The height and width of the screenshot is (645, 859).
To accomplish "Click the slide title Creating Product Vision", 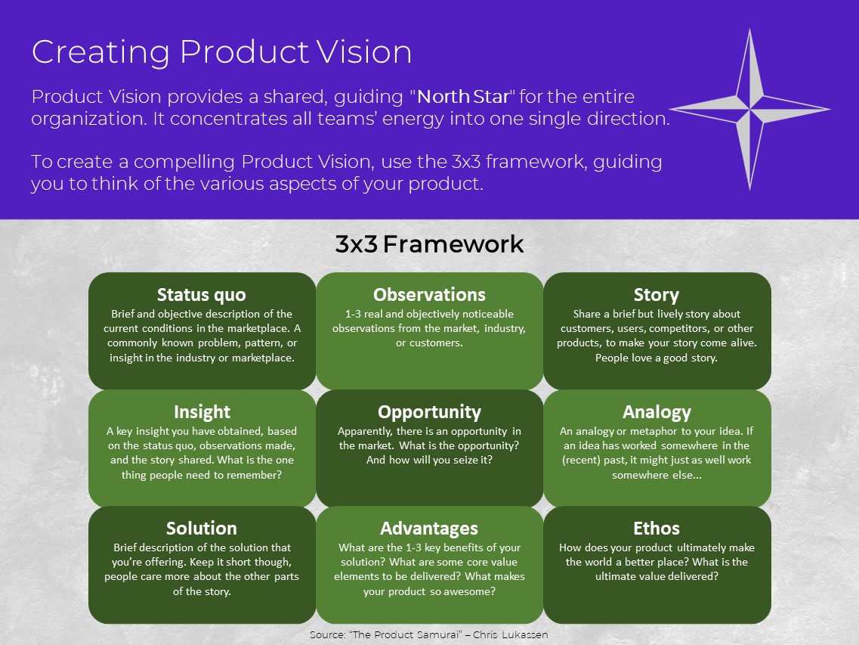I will click(x=221, y=52).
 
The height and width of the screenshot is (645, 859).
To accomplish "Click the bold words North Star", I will click(x=463, y=97).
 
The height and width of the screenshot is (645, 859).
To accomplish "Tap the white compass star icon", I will click(x=749, y=110).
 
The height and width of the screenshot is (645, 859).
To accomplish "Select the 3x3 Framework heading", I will click(x=429, y=245).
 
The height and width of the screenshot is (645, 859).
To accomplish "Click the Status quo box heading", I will click(x=201, y=295).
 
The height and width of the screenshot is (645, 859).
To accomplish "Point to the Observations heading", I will click(x=429, y=295).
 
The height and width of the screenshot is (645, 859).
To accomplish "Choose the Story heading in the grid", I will click(x=656, y=295).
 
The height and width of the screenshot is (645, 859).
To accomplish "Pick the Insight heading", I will click(x=202, y=412).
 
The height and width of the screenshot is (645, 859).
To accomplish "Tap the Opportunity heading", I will click(x=429, y=412).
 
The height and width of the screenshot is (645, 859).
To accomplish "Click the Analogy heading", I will click(x=657, y=412).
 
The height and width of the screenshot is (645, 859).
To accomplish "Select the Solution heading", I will click(x=201, y=529).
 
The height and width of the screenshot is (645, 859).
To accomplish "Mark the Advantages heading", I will click(x=429, y=529).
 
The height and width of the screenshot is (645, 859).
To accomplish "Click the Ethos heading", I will click(x=657, y=529).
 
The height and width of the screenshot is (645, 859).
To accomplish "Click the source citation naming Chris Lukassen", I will click(x=428, y=634).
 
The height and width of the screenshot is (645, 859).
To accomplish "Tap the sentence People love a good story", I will click(x=656, y=358).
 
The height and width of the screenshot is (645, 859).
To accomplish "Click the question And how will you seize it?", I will click(x=429, y=460).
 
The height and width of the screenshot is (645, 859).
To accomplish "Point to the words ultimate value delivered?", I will click(x=657, y=576).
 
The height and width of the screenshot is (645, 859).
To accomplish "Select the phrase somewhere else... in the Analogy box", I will click(x=657, y=475).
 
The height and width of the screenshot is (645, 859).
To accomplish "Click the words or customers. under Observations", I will click(x=429, y=343).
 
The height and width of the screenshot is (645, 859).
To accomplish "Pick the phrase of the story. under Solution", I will click(x=202, y=591).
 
